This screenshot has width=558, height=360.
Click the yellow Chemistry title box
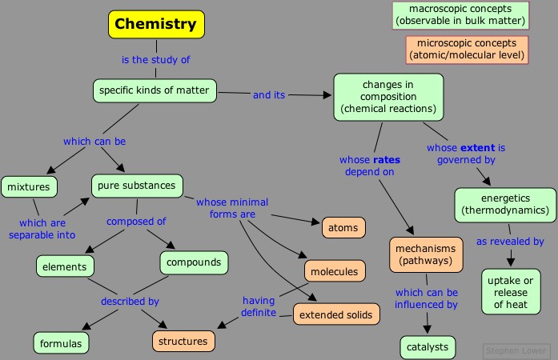pyautogui.click(x=156, y=24)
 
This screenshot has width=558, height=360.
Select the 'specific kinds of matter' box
pyautogui.click(x=155, y=90)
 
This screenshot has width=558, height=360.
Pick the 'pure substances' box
pyautogui.click(x=136, y=186)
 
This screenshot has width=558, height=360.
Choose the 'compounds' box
pyautogui.click(x=194, y=262)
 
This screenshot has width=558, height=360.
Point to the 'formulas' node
pyautogui.click(x=62, y=343)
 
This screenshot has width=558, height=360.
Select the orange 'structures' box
pyautogui.click(x=183, y=341)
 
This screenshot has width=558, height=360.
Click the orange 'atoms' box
pyautogui.click(x=343, y=228)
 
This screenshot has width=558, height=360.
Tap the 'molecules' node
pyautogui.click(x=335, y=271)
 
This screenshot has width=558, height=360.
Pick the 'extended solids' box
pyautogui.click(x=335, y=314)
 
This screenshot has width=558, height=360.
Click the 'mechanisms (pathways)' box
pyautogui.click(x=427, y=254)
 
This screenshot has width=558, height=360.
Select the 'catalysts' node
pyautogui.click(x=428, y=347)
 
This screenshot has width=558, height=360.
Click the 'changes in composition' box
pyautogui.click(x=388, y=96)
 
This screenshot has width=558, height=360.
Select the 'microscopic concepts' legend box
pyautogui.click(x=467, y=50)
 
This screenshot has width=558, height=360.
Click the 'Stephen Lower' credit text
pyautogui.click(x=516, y=350)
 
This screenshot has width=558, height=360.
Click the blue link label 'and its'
pyautogui.click(x=269, y=94)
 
